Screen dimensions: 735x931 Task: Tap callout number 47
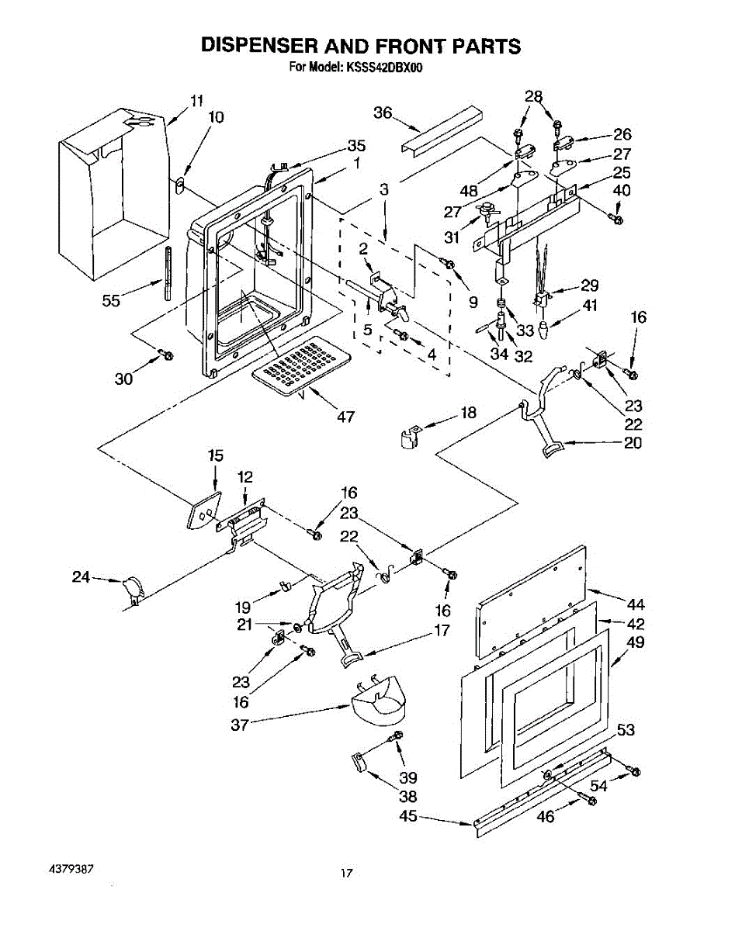coord(345,417)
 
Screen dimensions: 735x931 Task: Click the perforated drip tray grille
coord(301,365)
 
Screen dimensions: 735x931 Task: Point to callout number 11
coord(197,101)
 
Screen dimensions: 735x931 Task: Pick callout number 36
coord(383,113)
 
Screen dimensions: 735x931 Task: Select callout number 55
coord(111,301)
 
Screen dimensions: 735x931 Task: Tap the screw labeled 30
coord(166,355)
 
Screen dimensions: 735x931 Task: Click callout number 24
coord(81,576)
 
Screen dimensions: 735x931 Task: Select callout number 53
coord(626,730)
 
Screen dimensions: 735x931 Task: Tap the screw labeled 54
coord(636,770)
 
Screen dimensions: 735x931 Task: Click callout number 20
coord(633,443)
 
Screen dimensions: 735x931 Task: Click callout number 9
coord(473,303)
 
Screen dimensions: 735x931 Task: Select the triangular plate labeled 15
coord(204,510)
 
